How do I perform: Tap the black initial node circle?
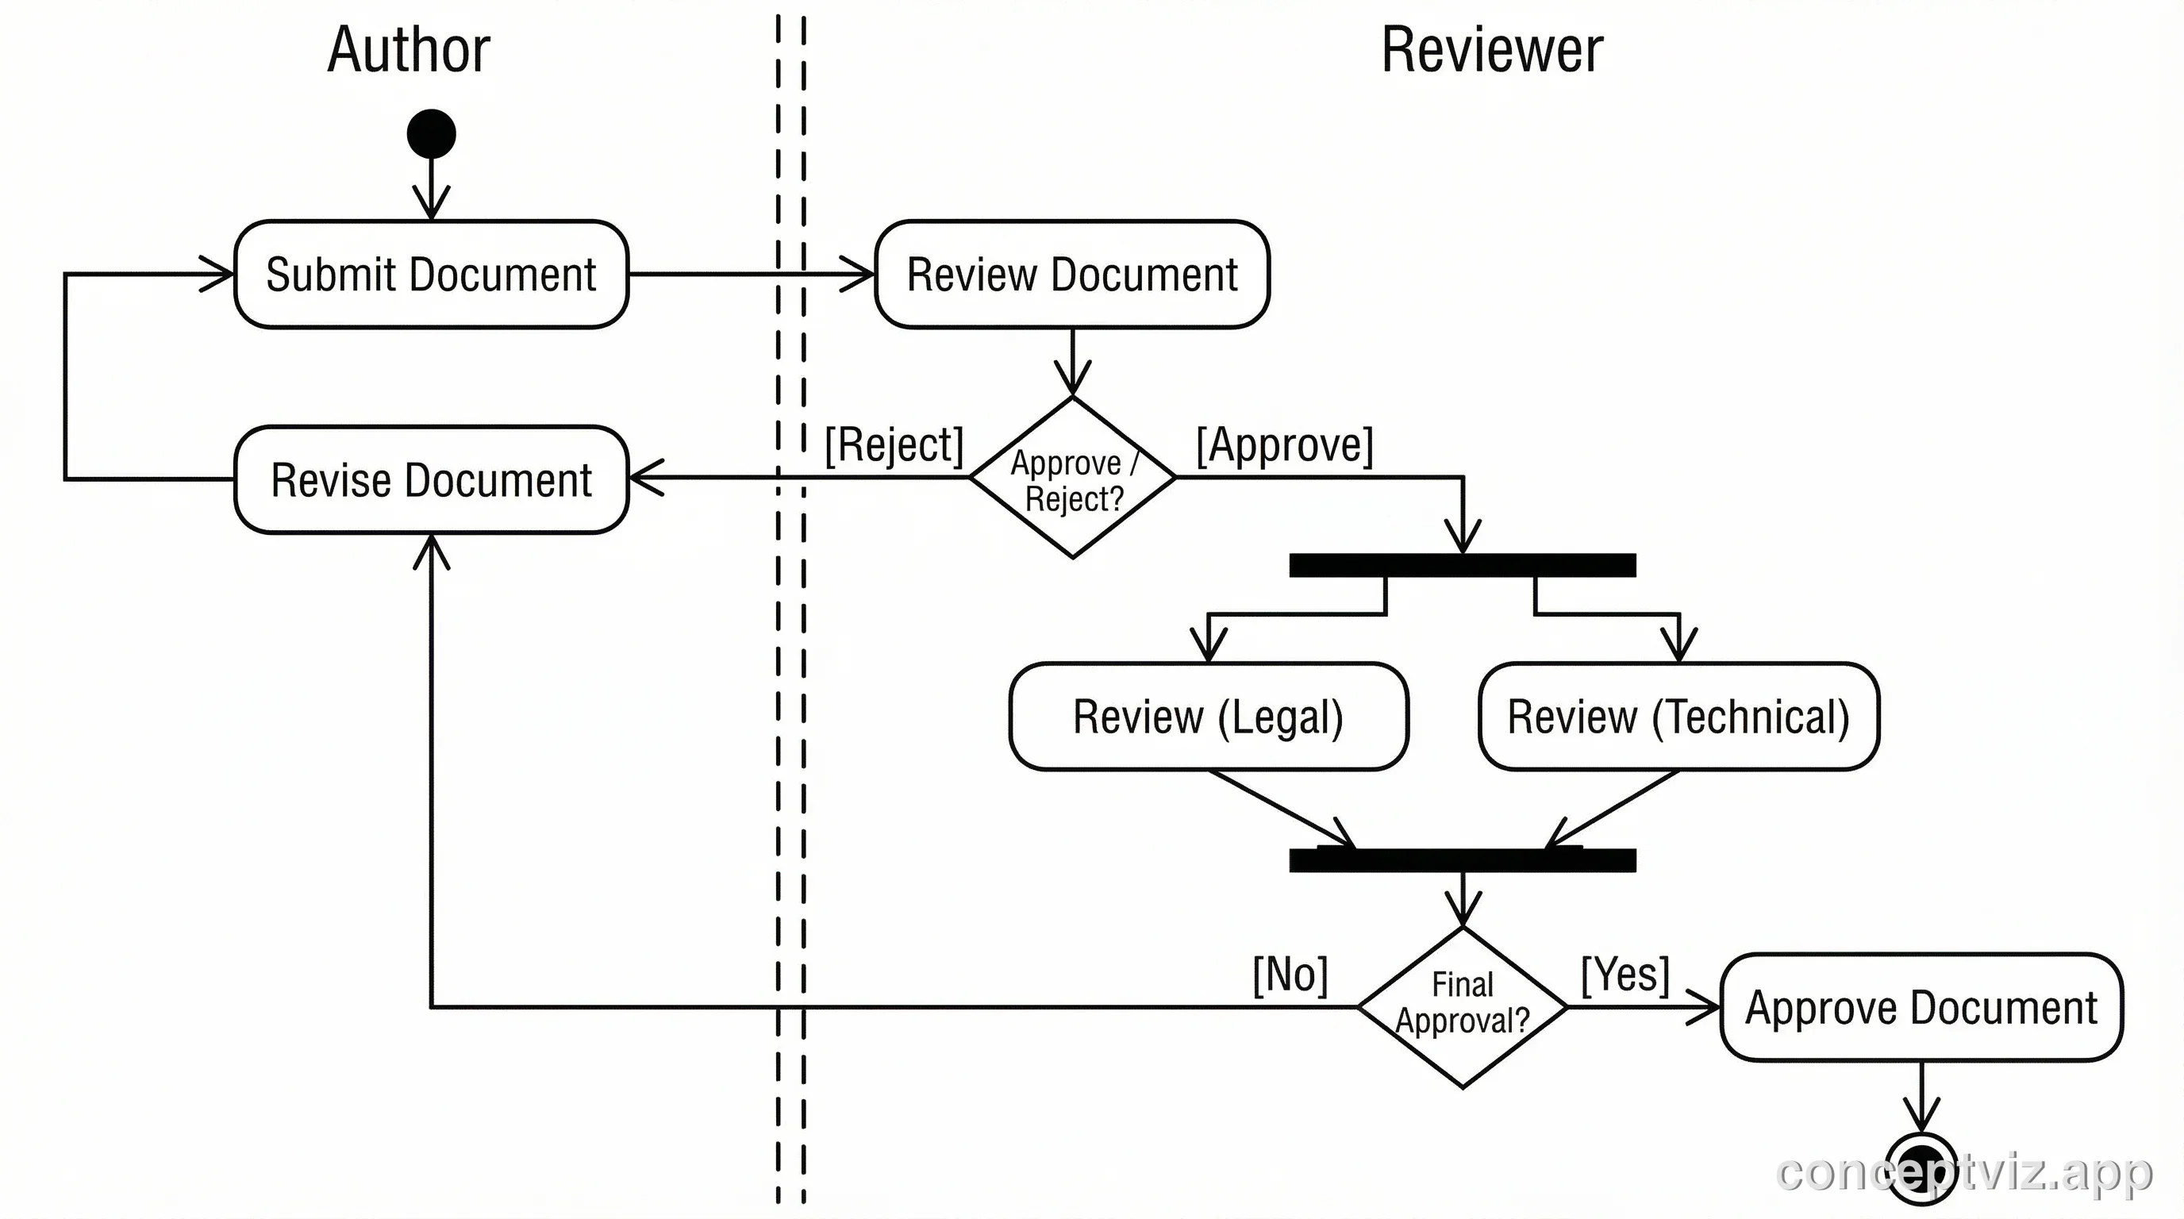pyautogui.click(x=432, y=134)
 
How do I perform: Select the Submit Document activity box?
pyautogui.click(x=431, y=274)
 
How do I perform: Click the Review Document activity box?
pyautogui.click(x=1071, y=274)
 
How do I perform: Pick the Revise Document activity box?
pyautogui.click(x=431, y=480)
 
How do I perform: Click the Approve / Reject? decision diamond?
pyautogui.click(x=1072, y=478)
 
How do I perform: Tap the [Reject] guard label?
pyautogui.click(x=894, y=444)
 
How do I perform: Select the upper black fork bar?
pyautogui.click(x=1463, y=565)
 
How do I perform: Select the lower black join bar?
pyautogui.click(x=1463, y=860)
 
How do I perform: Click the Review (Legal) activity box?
pyautogui.click(x=1208, y=717)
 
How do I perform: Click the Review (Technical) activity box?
pyautogui.click(x=1678, y=717)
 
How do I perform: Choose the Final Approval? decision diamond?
pyautogui.click(x=1463, y=1007)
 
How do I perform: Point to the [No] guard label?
pyautogui.click(x=1290, y=974)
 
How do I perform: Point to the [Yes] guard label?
pyautogui.click(x=1625, y=974)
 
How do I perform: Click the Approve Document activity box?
pyautogui.click(x=1921, y=1007)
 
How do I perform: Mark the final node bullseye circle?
pyautogui.click(x=1922, y=1168)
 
